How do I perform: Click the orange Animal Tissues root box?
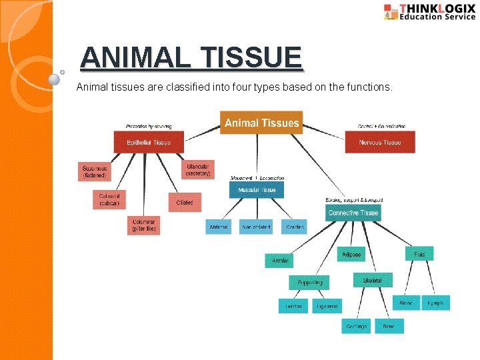[261, 123]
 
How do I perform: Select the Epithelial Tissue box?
[147, 142]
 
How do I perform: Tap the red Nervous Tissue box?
[379, 142]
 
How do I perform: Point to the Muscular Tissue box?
[256, 190]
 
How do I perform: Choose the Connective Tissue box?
[353, 213]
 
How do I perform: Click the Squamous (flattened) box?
[94, 172]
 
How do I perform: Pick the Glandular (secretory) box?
[198, 169]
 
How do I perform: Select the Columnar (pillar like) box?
[144, 225]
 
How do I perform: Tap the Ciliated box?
[184, 202]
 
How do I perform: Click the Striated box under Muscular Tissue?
[219, 227]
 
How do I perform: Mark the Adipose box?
[351, 255]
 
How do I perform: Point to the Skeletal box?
[372, 281]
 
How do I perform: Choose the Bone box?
[389, 326]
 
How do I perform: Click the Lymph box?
[435, 303]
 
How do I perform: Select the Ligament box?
[327, 306]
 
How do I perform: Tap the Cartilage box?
[356, 326]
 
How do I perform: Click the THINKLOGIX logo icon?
[391, 12]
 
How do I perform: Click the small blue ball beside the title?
[55, 79]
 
